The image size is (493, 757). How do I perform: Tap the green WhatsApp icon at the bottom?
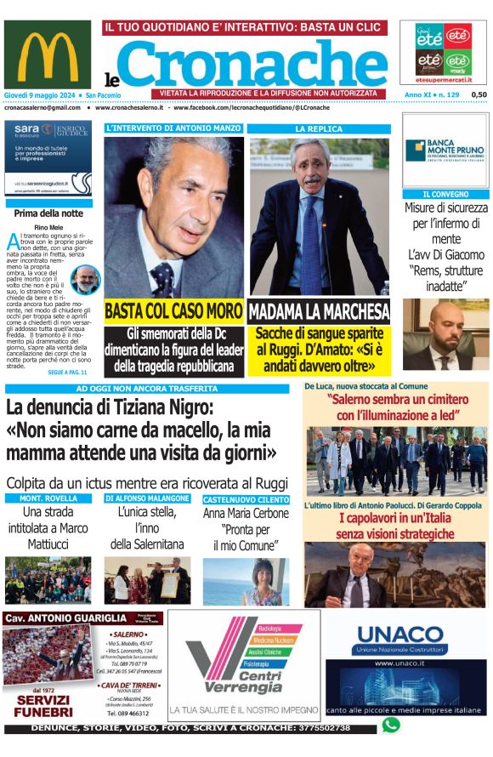(x=390, y=725)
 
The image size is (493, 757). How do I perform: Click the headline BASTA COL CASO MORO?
(x=173, y=310)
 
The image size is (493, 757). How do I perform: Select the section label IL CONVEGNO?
(x=445, y=195)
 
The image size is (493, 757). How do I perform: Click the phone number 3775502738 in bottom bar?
(x=336, y=729)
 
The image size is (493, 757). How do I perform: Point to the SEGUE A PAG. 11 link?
(x=68, y=373)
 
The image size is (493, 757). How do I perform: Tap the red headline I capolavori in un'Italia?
(x=395, y=526)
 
